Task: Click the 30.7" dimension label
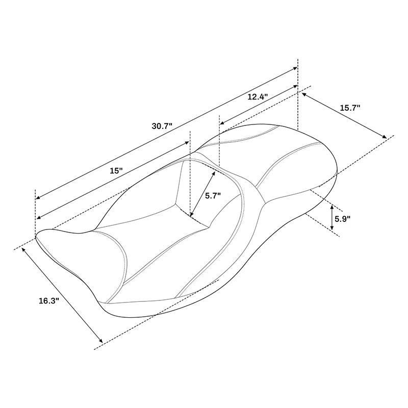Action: click(162, 126)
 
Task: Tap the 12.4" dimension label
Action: click(258, 97)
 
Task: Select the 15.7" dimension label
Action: click(350, 108)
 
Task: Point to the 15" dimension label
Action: click(116, 171)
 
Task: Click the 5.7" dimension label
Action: click(213, 196)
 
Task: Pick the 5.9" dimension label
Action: click(342, 219)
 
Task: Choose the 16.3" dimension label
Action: click(49, 301)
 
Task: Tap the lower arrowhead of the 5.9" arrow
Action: click(331, 227)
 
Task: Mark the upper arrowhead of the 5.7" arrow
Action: click(214, 173)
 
